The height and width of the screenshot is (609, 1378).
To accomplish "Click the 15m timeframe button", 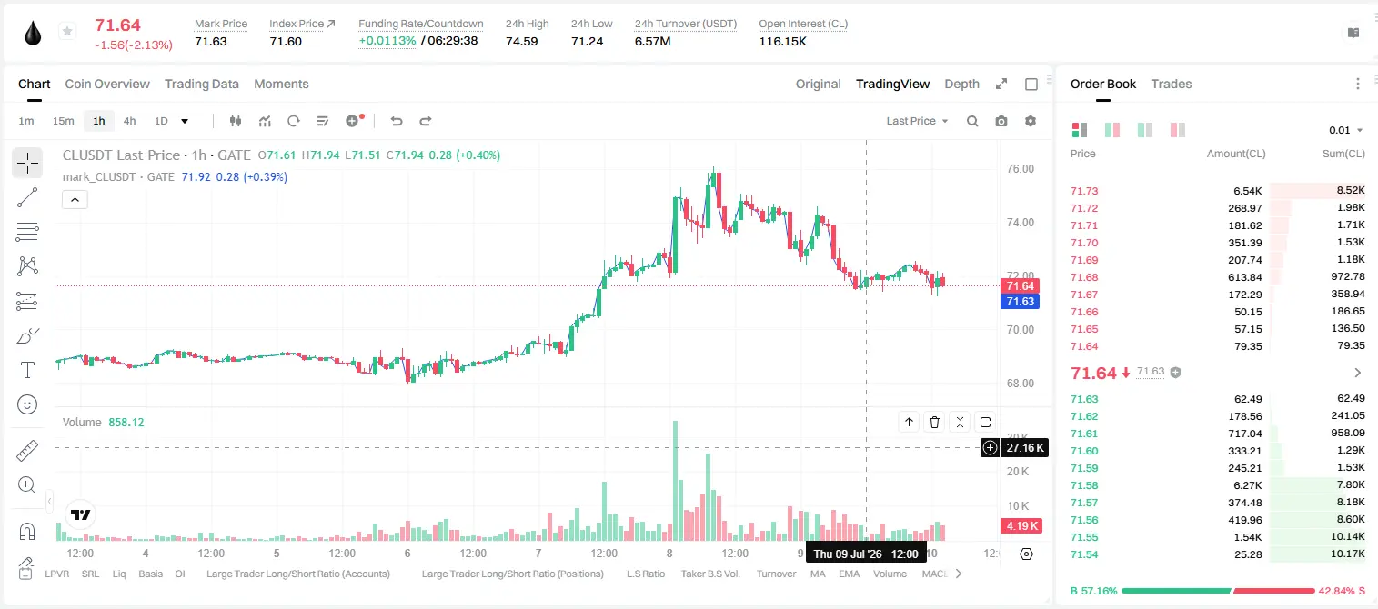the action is pyautogui.click(x=64, y=121).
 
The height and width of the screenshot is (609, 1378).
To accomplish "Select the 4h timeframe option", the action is pyautogui.click(x=129, y=121).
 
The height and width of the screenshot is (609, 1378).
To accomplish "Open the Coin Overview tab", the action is pyautogui.click(x=107, y=84).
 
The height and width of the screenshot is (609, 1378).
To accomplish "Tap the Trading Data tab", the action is pyautogui.click(x=202, y=84).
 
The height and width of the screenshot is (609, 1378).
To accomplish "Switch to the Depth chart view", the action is pyautogui.click(x=961, y=84).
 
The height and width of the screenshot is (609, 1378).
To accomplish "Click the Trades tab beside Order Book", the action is pyautogui.click(x=1172, y=84).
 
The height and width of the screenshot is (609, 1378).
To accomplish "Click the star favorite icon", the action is pyautogui.click(x=67, y=31).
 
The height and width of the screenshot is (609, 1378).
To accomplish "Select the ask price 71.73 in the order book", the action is pyautogui.click(x=1084, y=191).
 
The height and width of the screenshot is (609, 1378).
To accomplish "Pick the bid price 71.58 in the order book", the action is pyautogui.click(x=1084, y=485).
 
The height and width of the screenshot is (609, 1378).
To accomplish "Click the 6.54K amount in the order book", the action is pyautogui.click(x=1248, y=191).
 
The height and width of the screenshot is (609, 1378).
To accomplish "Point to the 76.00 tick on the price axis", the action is pyautogui.click(x=1020, y=169).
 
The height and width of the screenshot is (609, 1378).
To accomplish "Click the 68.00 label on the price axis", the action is pyautogui.click(x=1020, y=384).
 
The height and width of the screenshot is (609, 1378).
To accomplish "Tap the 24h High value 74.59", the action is pyautogui.click(x=522, y=41).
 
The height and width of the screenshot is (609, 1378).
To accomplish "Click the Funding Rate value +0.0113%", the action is pyautogui.click(x=387, y=41).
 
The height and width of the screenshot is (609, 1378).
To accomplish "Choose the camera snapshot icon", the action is pyautogui.click(x=1001, y=121).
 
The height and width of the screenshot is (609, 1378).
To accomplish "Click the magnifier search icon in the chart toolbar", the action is pyautogui.click(x=972, y=121).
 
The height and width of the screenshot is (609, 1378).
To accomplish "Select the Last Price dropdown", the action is pyautogui.click(x=917, y=121).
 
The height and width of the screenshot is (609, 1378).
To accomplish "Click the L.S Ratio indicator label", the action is pyautogui.click(x=645, y=574).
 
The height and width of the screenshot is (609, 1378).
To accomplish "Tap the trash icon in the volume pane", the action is pyautogui.click(x=934, y=422).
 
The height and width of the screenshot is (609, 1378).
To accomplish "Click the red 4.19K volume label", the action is pyautogui.click(x=1021, y=526).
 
